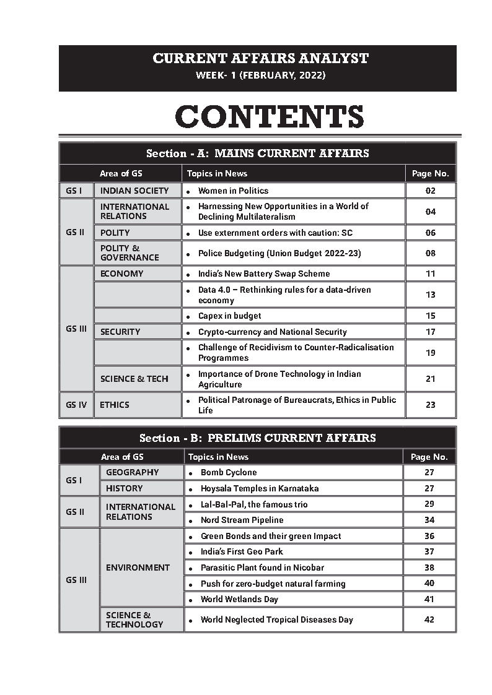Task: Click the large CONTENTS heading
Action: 269,117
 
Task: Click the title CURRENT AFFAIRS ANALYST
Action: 260,59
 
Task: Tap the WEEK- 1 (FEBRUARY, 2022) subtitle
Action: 260,76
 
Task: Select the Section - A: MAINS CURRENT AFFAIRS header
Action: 258,153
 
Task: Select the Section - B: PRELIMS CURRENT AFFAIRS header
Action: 258,438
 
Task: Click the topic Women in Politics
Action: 233,191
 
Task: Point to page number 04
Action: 431,212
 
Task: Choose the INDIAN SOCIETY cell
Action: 134,191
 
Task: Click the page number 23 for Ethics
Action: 431,405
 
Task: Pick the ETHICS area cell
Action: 115,405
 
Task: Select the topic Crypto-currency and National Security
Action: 272,332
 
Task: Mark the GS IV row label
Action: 76,405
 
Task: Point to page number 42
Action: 429,619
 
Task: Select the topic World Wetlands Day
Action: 239,599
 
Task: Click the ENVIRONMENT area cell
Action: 138,568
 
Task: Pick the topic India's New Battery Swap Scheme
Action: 264,274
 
